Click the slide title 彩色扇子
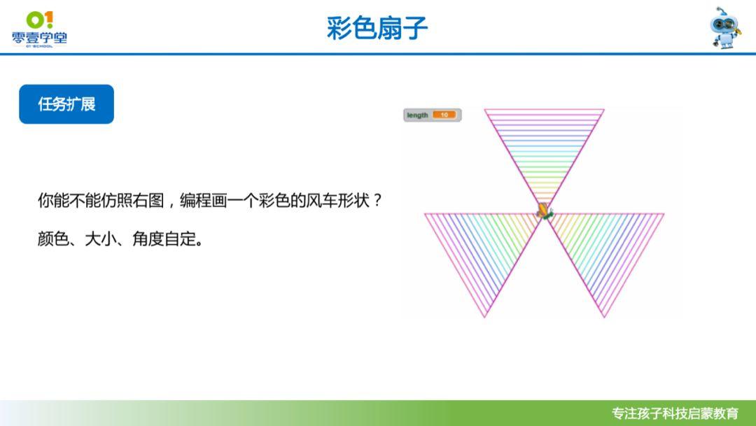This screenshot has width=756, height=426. click(377, 28)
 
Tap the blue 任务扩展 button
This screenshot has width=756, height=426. click(66, 104)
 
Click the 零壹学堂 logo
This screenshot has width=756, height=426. click(39, 29)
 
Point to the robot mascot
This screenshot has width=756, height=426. click(725, 27)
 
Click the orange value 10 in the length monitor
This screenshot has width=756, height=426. click(444, 115)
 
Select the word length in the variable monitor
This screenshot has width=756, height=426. click(417, 115)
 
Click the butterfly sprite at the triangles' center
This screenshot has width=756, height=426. click(545, 211)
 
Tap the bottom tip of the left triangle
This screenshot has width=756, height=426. click(485, 317)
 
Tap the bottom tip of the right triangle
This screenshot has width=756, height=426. click(604, 317)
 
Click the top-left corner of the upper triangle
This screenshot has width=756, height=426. click(484, 110)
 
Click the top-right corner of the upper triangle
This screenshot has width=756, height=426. click(604, 110)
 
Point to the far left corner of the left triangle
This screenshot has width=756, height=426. click(425, 213)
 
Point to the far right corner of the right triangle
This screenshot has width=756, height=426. click(664, 213)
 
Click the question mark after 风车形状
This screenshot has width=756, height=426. click(377, 200)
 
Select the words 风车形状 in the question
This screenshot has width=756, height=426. click(337, 200)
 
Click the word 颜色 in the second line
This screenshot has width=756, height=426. click(53, 238)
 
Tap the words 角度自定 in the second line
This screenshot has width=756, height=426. click(164, 238)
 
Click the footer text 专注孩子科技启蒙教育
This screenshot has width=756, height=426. click(675, 413)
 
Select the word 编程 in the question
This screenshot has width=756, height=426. click(195, 200)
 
